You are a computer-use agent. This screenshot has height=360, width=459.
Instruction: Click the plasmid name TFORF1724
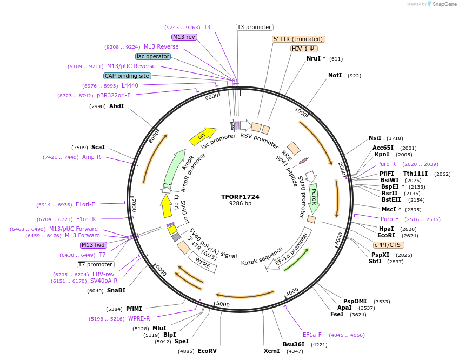click(x=240, y=197)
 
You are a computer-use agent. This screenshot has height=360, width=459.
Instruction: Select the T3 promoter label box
click(x=255, y=27)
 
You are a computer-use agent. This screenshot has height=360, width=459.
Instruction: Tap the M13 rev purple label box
click(x=184, y=37)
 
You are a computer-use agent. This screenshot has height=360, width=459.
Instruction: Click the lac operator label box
click(x=153, y=56)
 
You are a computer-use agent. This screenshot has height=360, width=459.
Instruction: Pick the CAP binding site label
click(x=127, y=76)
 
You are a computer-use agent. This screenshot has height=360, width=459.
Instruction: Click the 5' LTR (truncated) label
click(x=298, y=39)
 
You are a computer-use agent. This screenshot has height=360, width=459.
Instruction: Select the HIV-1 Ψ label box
click(x=304, y=49)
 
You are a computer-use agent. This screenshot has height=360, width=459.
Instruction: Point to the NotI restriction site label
click(x=335, y=75)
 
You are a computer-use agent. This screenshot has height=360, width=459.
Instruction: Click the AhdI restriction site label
click(x=116, y=106)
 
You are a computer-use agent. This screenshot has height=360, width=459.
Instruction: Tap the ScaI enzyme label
click(x=98, y=147)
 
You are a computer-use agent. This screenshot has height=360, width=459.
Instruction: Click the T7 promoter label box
click(x=96, y=264)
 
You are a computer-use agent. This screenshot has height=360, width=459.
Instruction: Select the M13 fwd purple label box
click(x=94, y=245)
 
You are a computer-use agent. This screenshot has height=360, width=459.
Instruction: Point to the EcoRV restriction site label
click(x=207, y=351)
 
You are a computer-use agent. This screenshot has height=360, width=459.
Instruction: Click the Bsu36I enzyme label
click(x=294, y=344)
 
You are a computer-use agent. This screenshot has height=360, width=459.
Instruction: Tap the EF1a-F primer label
click(x=312, y=335)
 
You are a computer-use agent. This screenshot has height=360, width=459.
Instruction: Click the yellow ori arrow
click(x=203, y=136)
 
